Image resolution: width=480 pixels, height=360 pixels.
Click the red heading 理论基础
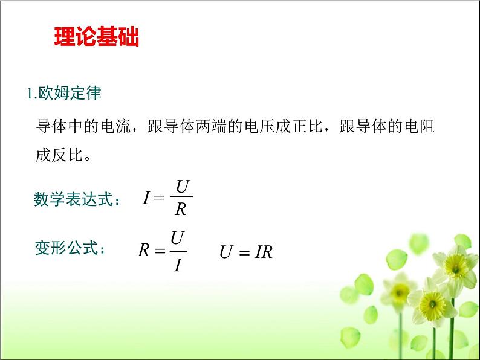pyautogui.click(x=97, y=37)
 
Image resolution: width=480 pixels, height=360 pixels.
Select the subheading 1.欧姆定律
pyautogui.click(x=64, y=94)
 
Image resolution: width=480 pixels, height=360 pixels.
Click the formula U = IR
pyautogui.click(x=245, y=252)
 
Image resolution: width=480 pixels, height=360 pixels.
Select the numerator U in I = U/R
pyautogui.click(x=182, y=187)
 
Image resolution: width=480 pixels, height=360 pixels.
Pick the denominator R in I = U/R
pyautogui.click(x=181, y=209)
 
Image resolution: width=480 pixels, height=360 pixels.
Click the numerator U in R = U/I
pyautogui.click(x=177, y=239)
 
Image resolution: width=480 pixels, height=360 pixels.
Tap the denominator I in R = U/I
pyautogui.click(x=177, y=264)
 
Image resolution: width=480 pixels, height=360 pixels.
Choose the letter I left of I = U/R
pyautogui.click(x=146, y=198)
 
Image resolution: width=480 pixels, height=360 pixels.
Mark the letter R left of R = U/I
pyautogui.click(x=143, y=251)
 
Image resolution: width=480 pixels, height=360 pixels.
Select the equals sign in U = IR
pyautogui.click(x=243, y=253)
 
